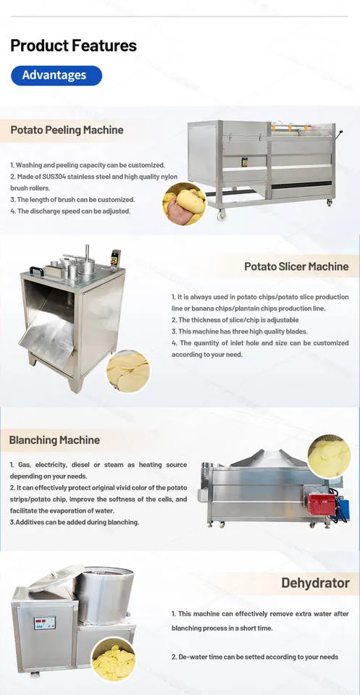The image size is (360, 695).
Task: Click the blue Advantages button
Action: [56, 75]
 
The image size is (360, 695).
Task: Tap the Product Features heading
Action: [74, 46]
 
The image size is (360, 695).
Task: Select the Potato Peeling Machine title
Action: [67, 130]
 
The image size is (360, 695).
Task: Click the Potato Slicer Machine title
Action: [296, 267]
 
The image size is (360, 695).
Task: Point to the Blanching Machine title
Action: [54, 440]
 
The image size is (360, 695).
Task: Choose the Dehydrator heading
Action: [315, 583]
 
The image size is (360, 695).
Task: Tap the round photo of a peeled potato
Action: [185, 204]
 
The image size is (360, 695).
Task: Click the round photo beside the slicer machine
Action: [128, 371]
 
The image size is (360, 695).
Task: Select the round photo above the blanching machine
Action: [330, 457]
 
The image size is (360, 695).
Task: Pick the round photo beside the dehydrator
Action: [114, 659]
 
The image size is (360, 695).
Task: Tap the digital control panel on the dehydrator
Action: [45, 623]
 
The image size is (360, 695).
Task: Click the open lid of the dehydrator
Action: [56, 578]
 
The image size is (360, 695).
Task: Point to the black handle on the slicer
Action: [37, 270]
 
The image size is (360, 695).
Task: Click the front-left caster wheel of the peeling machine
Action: [221, 216]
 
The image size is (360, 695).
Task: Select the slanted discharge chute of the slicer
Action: [46, 331]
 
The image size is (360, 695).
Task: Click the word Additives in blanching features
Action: [29, 522]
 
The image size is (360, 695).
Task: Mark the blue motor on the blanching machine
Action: [343, 510]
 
